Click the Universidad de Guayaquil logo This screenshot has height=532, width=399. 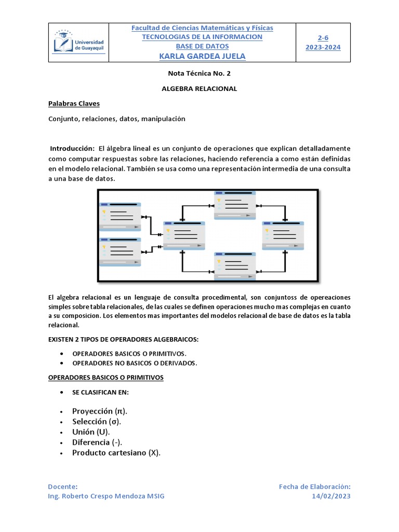pos(79,43)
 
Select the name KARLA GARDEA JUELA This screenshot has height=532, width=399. pos(202,56)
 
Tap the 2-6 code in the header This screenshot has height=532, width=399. pos(323,38)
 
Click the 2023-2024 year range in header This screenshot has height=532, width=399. pos(323,47)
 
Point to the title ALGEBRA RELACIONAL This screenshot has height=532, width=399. pos(199,89)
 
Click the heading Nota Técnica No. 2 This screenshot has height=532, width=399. pos(199,74)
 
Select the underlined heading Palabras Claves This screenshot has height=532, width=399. pos(74,103)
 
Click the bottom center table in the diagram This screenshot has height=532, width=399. pos(235,265)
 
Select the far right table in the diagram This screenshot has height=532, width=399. pos(283,235)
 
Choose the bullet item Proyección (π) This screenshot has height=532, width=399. pos(100,411)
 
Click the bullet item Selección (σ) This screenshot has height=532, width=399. pos(97,421)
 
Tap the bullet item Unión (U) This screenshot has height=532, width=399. pos(91,432)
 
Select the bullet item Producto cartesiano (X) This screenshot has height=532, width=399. pos(116,453)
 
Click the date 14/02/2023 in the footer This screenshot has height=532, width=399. pos(331,496)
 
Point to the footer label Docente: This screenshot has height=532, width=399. pos(63,487)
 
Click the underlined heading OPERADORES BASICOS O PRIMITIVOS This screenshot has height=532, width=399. pos(105,377)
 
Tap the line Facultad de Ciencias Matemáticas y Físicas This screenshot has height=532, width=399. pos(202,28)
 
